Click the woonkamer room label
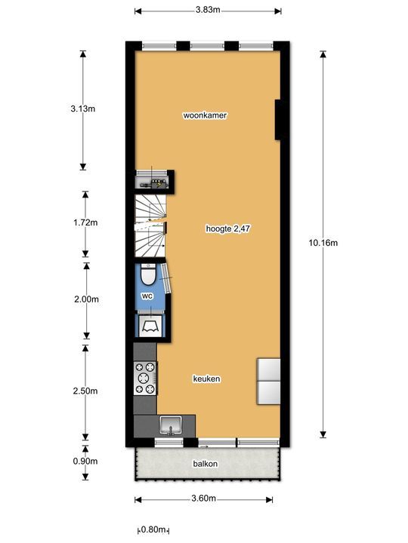click(206, 115)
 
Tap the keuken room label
click(206, 379)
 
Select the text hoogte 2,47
click(227, 228)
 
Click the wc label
click(148, 296)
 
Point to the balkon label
click(205, 464)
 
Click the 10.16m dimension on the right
click(323, 243)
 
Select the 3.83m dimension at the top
click(207, 11)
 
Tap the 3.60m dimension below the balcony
click(204, 499)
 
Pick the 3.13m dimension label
click(82, 109)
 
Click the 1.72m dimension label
click(84, 222)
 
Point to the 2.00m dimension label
click(85, 299)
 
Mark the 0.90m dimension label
click(84, 461)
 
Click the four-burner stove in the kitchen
click(146, 379)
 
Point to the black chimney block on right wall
click(278, 120)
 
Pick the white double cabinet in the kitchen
click(269, 381)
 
